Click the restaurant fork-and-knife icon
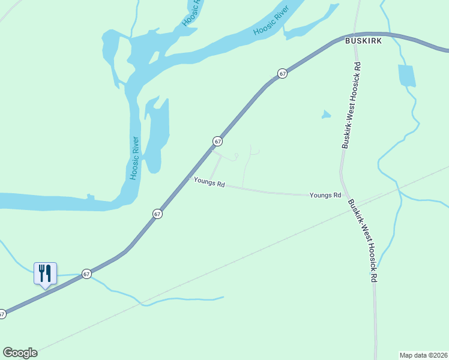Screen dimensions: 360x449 click(45, 274)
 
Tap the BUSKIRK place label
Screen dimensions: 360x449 click(360, 41)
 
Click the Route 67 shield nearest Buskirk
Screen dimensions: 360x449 click(282, 73)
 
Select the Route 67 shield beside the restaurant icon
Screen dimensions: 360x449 click(87, 274)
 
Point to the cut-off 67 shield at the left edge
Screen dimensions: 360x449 click(2, 314)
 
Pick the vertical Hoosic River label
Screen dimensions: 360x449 click(135, 158)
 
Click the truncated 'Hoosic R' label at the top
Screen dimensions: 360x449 click(191, 13)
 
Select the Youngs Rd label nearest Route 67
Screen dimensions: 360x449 click(209, 182)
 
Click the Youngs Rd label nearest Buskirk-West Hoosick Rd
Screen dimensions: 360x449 click(325, 196)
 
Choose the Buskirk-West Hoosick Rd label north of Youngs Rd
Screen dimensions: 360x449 click(351, 105)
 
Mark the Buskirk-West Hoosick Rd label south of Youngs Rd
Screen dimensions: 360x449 click(364, 241)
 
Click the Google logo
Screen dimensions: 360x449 click(20, 353)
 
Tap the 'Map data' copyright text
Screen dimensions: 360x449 click(423, 355)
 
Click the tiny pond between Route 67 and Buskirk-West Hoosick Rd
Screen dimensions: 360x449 click(326, 114)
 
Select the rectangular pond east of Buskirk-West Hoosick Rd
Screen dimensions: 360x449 click(406, 76)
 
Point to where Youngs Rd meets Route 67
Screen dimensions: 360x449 click(188, 177)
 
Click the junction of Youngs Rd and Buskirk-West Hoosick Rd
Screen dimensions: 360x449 click(343, 195)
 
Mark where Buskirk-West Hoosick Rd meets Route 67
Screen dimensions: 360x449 click(358, 34)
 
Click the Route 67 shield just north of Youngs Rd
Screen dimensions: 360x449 click(217, 142)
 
